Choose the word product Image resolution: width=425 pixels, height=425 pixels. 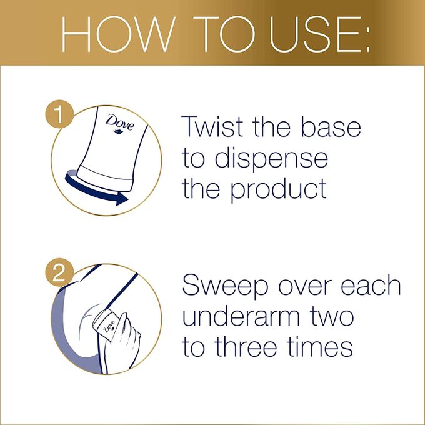pos(278,189)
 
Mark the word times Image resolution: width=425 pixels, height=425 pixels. pos(321,347)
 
